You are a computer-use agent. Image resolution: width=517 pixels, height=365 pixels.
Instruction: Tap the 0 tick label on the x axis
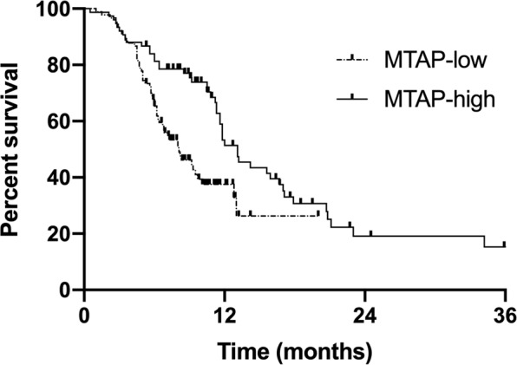click(x=84, y=313)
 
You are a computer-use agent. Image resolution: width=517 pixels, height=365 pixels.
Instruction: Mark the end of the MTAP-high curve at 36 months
click(x=505, y=245)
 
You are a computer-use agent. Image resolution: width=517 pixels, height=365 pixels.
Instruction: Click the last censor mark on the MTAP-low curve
click(x=317, y=213)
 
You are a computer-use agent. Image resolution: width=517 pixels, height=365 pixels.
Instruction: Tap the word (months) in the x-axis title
click(x=333, y=351)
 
